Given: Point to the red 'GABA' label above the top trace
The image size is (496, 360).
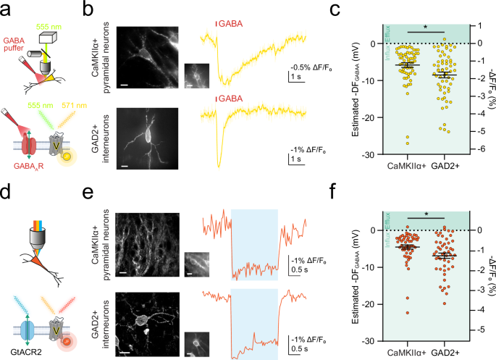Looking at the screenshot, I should [x=231, y=24].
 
